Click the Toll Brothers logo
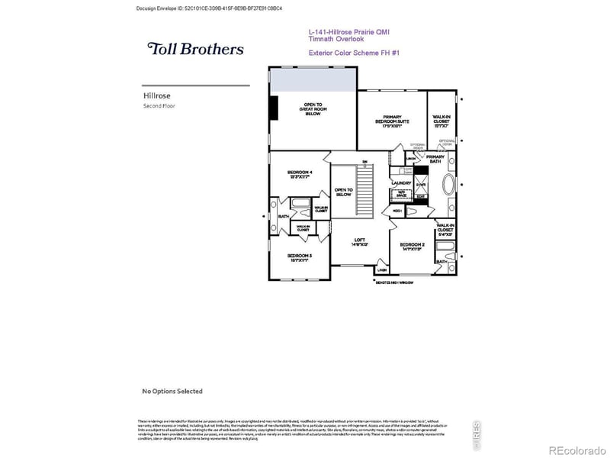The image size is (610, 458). pyautogui.click(x=195, y=49)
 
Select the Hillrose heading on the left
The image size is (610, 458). pyautogui.click(x=156, y=96)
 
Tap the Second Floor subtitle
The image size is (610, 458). pyautogui.click(x=159, y=106)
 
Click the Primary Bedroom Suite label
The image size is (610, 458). pyautogui.click(x=392, y=121)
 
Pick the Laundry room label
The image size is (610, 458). pyautogui.click(x=401, y=183)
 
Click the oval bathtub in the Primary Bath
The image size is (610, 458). pyautogui.click(x=450, y=188)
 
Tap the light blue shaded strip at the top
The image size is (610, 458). pyautogui.click(x=314, y=79)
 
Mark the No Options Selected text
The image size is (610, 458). pyautogui.click(x=172, y=391)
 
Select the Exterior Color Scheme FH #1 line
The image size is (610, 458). pyautogui.click(x=354, y=53)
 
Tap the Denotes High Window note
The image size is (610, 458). pyautogui.click(x=394, y=282)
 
